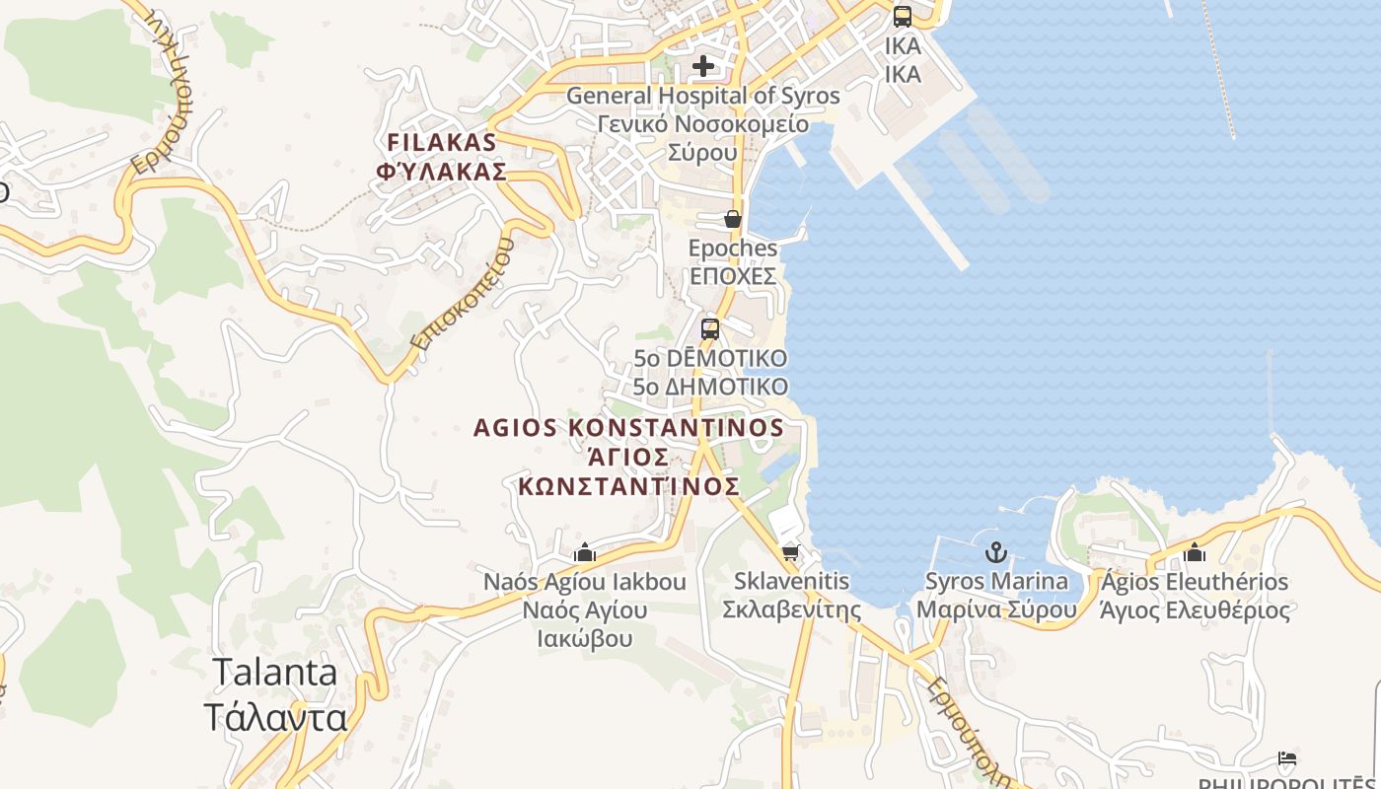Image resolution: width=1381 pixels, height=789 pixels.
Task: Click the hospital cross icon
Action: point(702,66)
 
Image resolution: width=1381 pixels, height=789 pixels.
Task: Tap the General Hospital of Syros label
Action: point(702,96)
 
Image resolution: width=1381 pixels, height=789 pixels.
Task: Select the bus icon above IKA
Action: point(903,16)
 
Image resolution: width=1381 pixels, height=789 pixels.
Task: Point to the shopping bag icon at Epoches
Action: point(733,219)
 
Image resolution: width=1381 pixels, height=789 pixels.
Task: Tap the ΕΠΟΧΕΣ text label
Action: point(733,276)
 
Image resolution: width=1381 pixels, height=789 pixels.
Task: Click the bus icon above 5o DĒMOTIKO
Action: point(710,329)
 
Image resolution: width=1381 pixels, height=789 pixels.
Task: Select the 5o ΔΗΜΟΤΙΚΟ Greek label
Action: point(710,387)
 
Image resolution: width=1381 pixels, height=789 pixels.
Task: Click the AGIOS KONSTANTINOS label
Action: point(628,428)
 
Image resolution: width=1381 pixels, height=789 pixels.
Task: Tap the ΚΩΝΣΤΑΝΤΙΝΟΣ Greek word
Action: point(628,486)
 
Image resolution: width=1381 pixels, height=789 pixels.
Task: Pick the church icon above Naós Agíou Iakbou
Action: point(585,553)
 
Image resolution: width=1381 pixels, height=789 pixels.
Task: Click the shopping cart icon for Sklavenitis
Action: point(790,553)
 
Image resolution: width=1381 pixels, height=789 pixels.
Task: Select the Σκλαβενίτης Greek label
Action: point(792,610)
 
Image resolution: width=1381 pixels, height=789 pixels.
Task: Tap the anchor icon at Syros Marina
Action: point(996,552)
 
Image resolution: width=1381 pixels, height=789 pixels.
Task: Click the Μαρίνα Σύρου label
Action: point(996,610)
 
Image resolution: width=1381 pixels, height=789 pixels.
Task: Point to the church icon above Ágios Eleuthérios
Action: point(1195,552)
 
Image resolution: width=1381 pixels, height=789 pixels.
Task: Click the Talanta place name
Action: point(275,673)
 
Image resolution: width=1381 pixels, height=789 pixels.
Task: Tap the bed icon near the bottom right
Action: point(1287,758)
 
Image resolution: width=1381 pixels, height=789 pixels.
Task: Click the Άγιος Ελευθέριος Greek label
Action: point(1195,610)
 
